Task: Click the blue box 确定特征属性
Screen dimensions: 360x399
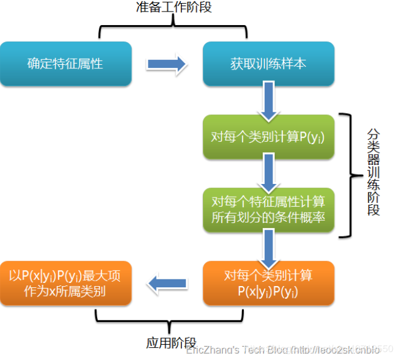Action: point(65,64)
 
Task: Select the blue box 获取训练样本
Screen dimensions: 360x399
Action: point(268,64)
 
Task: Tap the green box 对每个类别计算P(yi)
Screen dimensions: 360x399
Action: point(268,136)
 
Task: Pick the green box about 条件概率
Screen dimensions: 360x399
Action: point(268,210)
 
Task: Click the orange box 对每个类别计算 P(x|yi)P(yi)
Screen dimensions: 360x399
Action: point(268,283)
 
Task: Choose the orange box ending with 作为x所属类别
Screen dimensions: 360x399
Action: point(65,283)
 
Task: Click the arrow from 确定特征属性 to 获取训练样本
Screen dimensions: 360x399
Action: point(167,64)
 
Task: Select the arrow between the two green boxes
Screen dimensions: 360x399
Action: point(268,172)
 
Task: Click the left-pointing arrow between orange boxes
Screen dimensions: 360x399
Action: point(167,283)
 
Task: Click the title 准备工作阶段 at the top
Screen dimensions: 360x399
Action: point(173,9)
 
